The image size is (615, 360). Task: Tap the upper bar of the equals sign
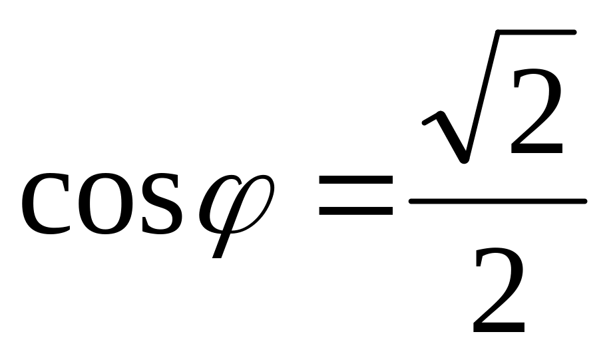point(356,180)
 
